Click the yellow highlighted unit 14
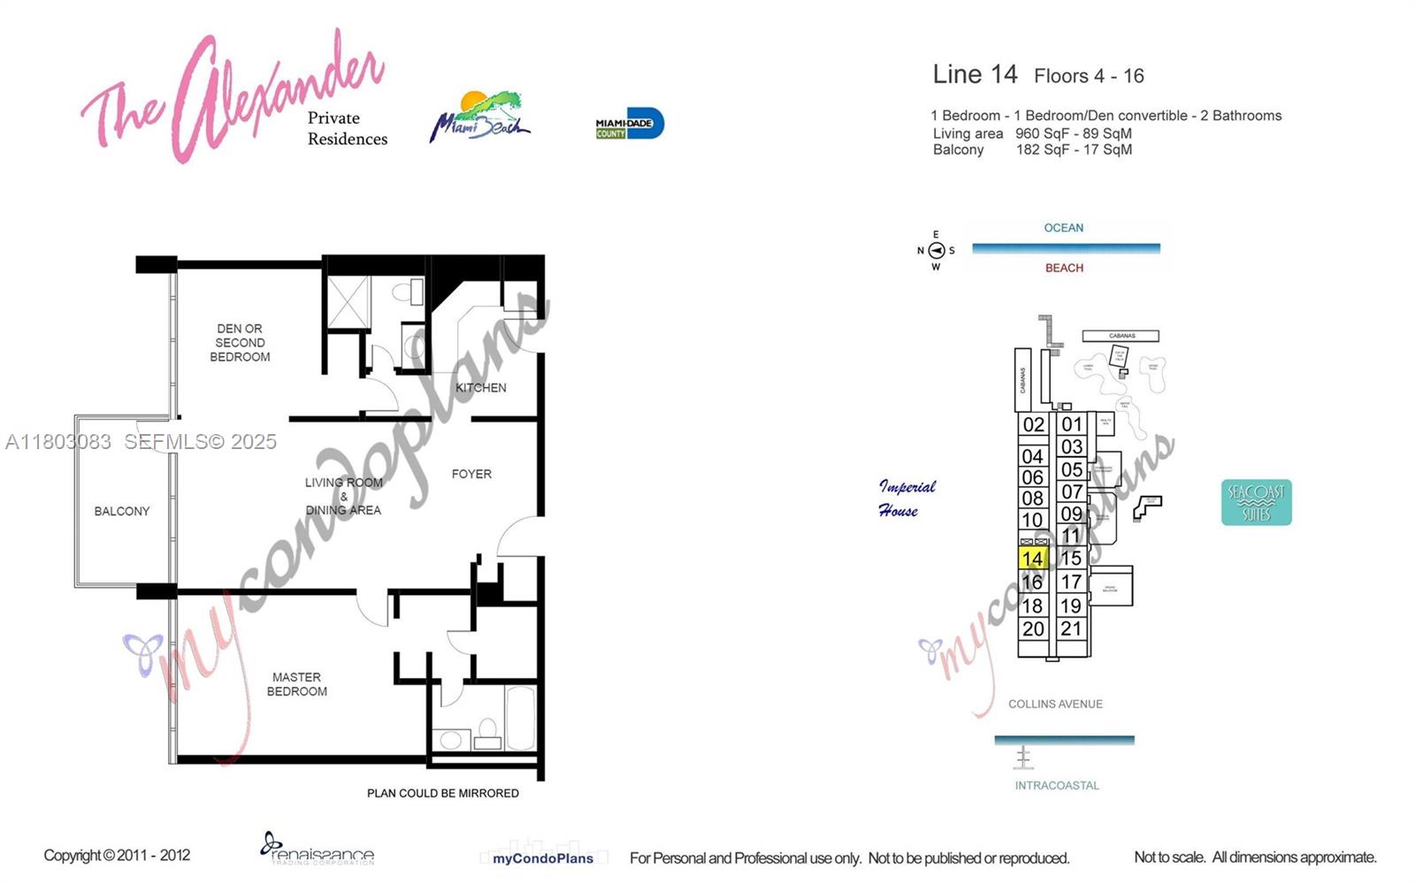(x=1032, y=559)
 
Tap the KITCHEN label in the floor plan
(x=481, y=388)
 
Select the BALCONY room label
(x=122, y=511)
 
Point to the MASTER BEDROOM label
(x=297, y=684)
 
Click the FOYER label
(x=471, y=474)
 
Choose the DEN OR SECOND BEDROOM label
(x=240, y=342)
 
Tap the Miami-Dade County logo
(x=629, y=125)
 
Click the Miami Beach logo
(x=480, y=118)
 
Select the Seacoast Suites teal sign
(x=1256, y=502)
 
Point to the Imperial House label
(x=906, y=499)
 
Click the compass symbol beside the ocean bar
(x=937, y=250)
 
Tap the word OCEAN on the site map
(x=1063, y=228)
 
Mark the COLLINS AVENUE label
(x=1055, y=705)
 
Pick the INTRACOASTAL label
(x=1057, y=785)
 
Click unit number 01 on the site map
(x=1072, y=424)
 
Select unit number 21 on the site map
(x=1071, y=629)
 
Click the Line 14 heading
(x=975, y=75)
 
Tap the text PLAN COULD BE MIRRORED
(x=442, y=793)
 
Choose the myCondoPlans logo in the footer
(x=543, y=857)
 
